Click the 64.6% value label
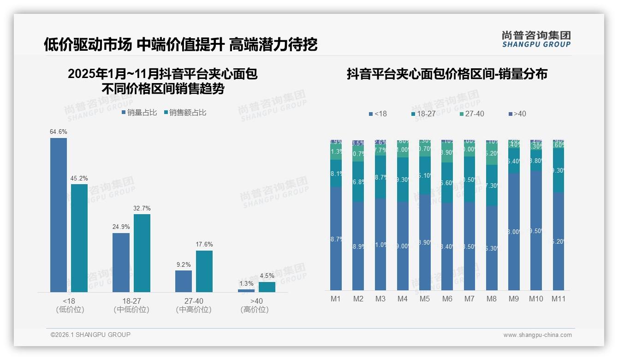pos(59,132)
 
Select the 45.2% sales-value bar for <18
pos(79,238)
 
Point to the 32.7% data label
pos(142,209)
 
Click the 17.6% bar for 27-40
pos(204,271)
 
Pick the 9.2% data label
pos(184,265)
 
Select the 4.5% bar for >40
pos(267,287)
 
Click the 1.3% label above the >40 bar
pos(246,284)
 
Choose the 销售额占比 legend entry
pos(185,113)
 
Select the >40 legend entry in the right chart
pos(517,114)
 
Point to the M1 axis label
pos(336,299)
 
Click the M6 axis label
pos(447,299)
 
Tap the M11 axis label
pos(559,299)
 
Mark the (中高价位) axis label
pos(194,310)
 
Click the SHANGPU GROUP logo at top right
pos(536,39)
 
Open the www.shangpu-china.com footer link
pos(537,335)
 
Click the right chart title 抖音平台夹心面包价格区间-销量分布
pos(447,74)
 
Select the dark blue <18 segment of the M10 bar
pos(536,231)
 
